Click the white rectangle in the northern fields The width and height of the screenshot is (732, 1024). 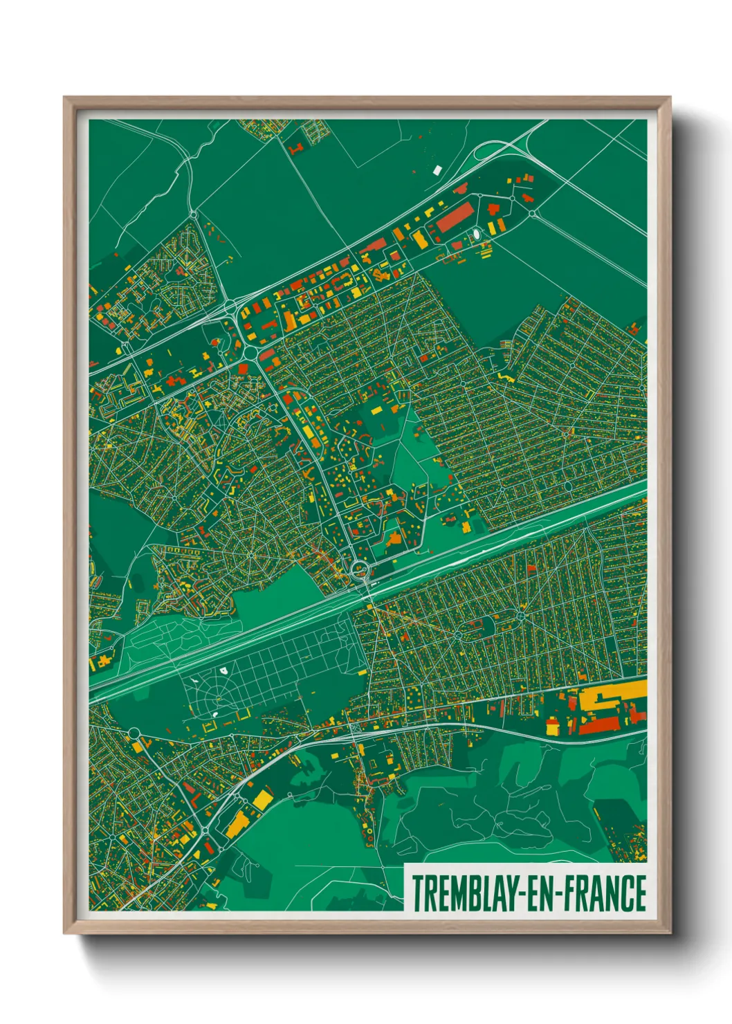[437, 169]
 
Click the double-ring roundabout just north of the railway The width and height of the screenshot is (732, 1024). [360, 571]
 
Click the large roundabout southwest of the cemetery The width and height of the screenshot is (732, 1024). [133, 733]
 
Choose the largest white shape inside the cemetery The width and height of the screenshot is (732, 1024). [223, 670]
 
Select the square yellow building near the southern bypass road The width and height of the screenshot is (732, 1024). [262, 801]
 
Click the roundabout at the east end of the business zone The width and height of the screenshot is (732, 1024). [532, 214]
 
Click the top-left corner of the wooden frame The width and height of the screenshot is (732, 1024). [65, 98]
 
